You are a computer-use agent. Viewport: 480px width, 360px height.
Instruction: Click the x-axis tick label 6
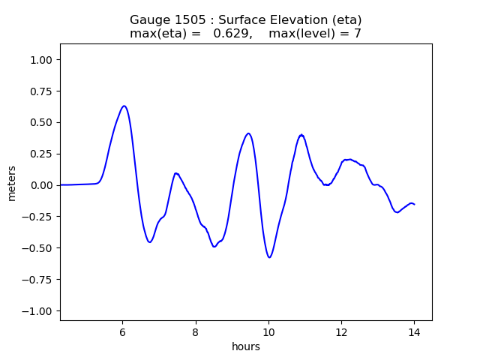coord(122,331)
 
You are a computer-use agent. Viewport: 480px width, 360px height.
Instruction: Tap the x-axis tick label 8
coord(195,331)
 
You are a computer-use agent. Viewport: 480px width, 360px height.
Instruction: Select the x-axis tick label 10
coord(268,331)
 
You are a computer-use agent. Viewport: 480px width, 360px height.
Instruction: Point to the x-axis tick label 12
coord(341,331)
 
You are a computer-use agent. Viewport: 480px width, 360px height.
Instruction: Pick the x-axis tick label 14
coord(414,331)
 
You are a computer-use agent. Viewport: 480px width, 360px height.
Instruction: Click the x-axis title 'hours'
coord(246,346)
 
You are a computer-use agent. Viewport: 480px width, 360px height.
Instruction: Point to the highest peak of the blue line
coord(124,106)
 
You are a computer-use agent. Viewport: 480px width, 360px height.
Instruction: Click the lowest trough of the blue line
coord(269,257)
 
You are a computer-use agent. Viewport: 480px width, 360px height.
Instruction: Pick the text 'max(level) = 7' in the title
coord(315,34)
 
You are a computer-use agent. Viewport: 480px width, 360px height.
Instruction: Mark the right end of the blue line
coord(414,204)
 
